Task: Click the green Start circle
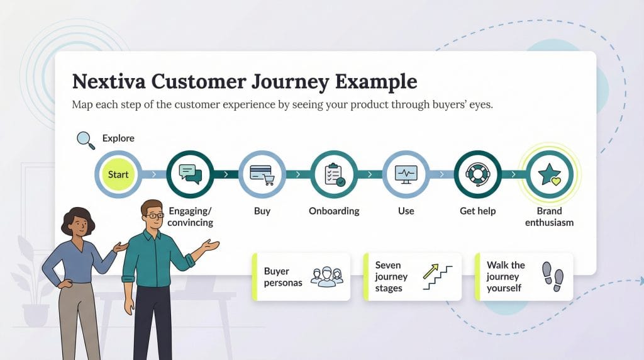[x=118, y=174]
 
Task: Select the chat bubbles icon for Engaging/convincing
[x=190, y=174]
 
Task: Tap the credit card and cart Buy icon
[x=262, y=174]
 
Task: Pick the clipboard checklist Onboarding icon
[x=334, y=174]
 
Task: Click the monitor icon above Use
[x=406, y=174]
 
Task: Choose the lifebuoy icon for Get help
[x=478, y=174]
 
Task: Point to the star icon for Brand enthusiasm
[x=550, y=174]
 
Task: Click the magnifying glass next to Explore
[x=86, y=140]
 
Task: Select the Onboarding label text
[x=334, y=211]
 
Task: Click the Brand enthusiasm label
[x=550, y=217]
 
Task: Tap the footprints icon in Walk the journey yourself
[x=553, y=276]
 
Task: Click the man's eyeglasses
[x=153, y=216]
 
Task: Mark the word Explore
[x=118, y=138]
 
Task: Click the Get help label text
[x=478, y=211]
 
